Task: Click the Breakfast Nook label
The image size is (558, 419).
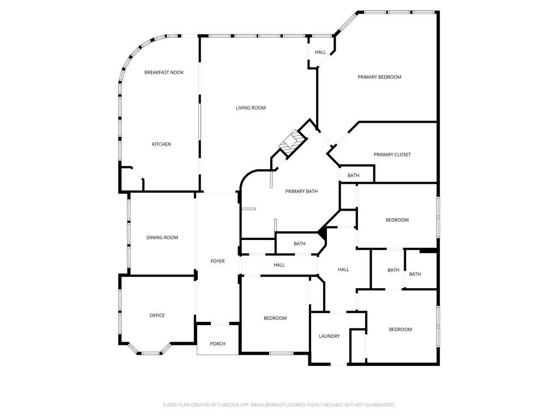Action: pyautogui.click(x=164, y=73)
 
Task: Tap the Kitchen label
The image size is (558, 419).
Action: pyautogui.click(x=161, y=144)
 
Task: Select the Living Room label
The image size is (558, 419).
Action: pyautogui.click(x=251, y=107)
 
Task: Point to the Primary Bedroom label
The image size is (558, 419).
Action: pyautogui.click(x=379, y=77)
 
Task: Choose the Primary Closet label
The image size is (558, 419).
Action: pyautogui.click(x=392, y=154)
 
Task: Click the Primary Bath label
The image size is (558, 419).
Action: pyautogui.click(x=301, y=191)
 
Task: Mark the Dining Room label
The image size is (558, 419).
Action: pyautogui.click(x=162, y=238)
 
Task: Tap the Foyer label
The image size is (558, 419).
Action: pyautogui.click(x=217, y=261)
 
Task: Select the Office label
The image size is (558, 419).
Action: pyautogui.click(x=157, y=315)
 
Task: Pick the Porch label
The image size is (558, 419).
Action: pyautogui.click(x=217, y=344)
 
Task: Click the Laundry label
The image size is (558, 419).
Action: pyautogui.click(x=329, y=336)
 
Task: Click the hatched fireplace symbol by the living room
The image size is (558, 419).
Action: pyautogui.click(x=293, y=143)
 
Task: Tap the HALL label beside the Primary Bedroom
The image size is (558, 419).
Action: pyautogui.click(x=320, y=52)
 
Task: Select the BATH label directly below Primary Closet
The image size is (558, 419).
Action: pyautogui.click(x=353, y=175)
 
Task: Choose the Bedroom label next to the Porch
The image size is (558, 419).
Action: pyautogui.click(x=275, y=318)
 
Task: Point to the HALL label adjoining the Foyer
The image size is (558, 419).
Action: pyautogui.click(x=280, y=265)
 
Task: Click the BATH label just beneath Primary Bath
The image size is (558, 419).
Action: pyautogui.click(x=300, y=244)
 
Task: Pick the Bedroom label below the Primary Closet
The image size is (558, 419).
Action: pyautogui.click(x=397, y=220)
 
